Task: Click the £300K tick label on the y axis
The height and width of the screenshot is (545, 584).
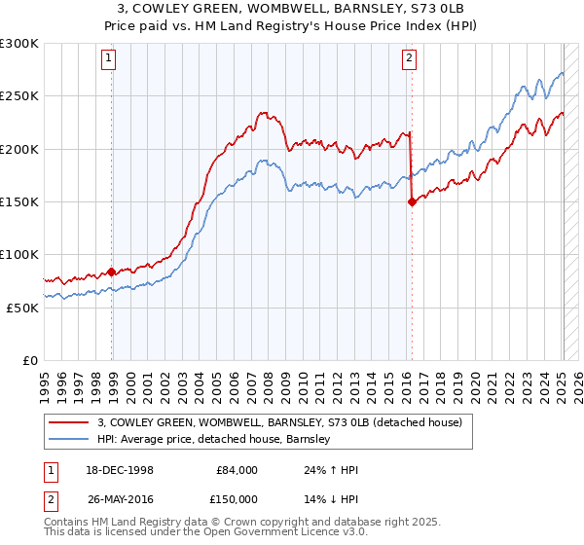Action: (18, 44)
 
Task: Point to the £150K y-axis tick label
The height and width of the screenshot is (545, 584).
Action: (18, 201)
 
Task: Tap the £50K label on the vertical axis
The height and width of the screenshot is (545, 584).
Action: (22, 307)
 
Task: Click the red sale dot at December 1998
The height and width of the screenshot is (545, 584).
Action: (112, 272)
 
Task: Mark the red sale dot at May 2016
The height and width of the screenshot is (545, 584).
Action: (412, 201)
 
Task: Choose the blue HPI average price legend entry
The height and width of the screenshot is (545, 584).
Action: (214, 440)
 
